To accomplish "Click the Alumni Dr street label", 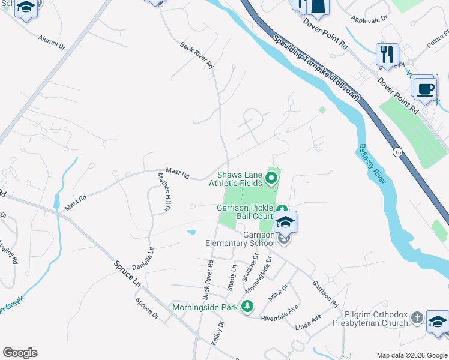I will pos(52,41).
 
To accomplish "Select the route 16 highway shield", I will pos(397,154).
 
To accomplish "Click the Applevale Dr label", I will pos(370,19).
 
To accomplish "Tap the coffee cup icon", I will pos(426,89).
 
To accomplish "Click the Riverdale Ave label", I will pos(280,313).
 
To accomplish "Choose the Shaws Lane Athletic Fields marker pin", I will pos(271,178).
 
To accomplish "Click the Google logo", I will pos(20,353).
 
